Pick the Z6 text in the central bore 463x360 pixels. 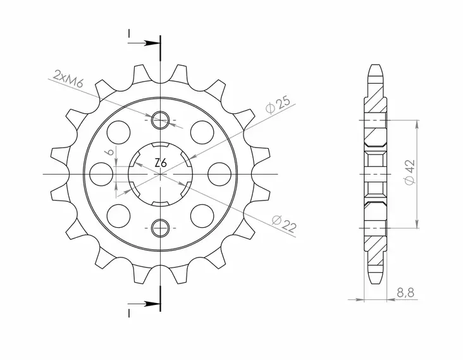point(161,163)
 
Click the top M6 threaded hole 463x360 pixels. point(161,118)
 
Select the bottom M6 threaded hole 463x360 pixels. point(161,227)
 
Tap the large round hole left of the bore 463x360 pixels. point(101,172)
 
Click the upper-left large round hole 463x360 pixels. point(118,132)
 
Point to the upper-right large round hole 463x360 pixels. point(203,132)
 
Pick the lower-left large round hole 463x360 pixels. point(118,211)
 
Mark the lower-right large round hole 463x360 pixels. point(203,211)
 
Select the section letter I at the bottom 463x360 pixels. point(129,313)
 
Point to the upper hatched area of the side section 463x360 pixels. point(374,101)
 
